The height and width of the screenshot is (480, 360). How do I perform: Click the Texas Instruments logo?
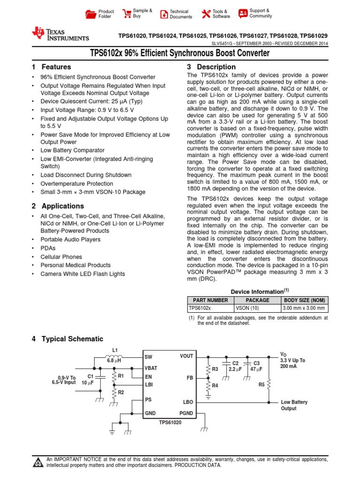[60, 34]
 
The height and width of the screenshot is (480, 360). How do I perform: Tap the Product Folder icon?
[90, 14]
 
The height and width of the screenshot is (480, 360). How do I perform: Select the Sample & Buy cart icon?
[127, 14]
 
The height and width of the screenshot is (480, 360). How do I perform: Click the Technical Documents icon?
[164, 14]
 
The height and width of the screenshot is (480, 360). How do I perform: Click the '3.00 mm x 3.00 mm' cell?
[304, 308]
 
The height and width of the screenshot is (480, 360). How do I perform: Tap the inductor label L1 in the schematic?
[115, 350]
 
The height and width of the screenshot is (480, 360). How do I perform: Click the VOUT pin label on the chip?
[186, 356]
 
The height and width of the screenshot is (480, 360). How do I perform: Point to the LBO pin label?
[187, 402]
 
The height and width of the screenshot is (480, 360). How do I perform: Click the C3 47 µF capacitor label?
[256, 366]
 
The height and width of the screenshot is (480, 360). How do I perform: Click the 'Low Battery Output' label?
[294, 405]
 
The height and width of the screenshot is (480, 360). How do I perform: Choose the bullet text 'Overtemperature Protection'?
[76, 184]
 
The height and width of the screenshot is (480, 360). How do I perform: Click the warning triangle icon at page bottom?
[37, 463]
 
